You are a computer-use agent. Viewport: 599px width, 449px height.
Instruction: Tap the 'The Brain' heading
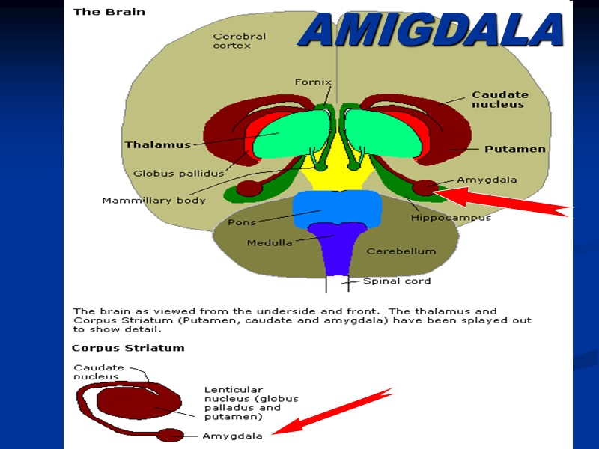click(x=109, y=12)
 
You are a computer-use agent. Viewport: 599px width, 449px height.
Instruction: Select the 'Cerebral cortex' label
click(x=239, y=40)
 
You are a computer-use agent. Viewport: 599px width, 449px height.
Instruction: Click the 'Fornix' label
click(x=313, y=82)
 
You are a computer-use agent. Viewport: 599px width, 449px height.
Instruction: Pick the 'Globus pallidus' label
click(x=174, y=174)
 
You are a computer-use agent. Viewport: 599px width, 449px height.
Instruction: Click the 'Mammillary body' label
click(x=153, y=200)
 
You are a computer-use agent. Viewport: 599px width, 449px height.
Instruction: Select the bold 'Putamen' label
click(x=514, y=149)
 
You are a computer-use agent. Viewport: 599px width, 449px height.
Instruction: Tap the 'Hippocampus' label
click(x=451, y=218)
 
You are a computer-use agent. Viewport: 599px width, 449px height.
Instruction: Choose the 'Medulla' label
click(x=270, y=242)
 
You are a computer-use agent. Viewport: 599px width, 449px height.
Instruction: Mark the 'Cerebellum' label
click(x=401, y=251)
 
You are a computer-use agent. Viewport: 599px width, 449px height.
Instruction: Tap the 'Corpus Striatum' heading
click(x=127, y=348)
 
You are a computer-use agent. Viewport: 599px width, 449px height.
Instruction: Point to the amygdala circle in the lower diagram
click(x=170, y=435)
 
